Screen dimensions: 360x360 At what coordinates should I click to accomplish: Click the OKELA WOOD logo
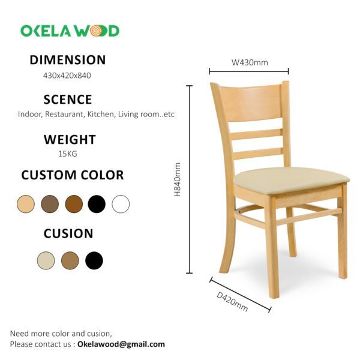pos(70,31)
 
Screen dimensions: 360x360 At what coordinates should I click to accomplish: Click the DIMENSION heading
pos(68,60)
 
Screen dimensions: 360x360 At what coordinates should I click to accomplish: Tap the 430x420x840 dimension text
pos(67,76)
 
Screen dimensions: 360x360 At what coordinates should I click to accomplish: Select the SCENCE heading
pos(68,100)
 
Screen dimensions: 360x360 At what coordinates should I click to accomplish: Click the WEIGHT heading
pos(70,140)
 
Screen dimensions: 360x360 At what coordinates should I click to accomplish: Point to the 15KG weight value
pos(67,154)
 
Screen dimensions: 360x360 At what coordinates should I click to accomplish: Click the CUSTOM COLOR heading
pos(73,175)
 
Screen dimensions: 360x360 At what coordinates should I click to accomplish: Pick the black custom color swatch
pos(97,204)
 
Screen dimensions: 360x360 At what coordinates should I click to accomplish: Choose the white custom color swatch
pos(121,204)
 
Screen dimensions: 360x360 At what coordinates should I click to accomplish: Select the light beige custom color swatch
pos(26,204)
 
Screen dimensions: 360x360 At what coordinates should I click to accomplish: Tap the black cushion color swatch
pos(94,260)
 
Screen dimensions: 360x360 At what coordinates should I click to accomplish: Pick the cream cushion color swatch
pos(46,260)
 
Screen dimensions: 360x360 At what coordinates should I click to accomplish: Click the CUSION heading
pos(68,233)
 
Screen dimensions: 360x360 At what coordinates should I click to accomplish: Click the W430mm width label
pos(250,62)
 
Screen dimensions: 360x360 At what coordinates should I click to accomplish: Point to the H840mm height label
pos(178,180)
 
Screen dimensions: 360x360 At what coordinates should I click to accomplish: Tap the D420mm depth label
pos(232,302)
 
